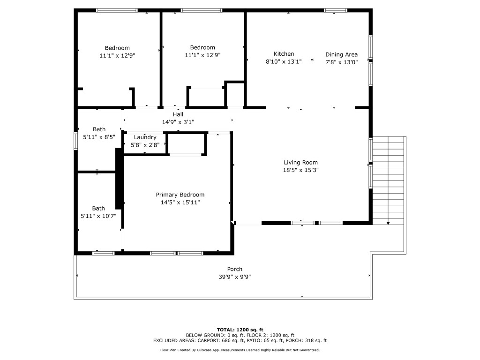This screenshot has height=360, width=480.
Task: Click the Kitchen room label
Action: pos(284,54)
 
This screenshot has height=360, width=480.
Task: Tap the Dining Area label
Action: pos(341,54)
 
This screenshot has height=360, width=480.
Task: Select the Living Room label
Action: pos(300,163)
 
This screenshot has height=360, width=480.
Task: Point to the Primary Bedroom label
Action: pos(180,195)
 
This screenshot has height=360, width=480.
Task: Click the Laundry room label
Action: pos(145,137)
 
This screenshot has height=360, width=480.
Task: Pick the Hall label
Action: pos(178,114)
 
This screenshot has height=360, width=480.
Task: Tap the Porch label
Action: pos(235,269)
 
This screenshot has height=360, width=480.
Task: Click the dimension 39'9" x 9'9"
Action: pos(235,277)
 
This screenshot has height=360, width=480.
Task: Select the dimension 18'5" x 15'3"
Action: pos(300,170)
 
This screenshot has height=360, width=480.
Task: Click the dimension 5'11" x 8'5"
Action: pos(98,137)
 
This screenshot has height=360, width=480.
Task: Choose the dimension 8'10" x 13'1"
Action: pos(284,61)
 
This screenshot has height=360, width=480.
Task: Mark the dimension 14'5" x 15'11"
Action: pos(180,202)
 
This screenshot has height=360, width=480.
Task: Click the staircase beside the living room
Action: pos(389,180)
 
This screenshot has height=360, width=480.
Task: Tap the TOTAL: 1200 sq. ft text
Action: pos(240,330)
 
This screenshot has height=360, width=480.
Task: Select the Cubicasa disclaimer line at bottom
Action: pos(240,350)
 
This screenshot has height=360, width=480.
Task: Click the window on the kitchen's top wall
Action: pos(336,10)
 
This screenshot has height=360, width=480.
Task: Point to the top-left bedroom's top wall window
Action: pos(117,10)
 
